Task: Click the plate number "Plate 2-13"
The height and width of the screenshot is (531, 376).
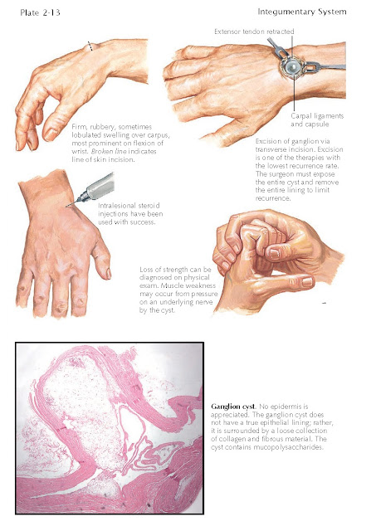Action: [40, 13]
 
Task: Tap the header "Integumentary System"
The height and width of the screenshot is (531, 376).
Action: [302, 12]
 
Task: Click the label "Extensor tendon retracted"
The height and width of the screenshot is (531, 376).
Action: [254, 32]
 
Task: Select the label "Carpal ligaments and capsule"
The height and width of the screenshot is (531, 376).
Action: [317, 119]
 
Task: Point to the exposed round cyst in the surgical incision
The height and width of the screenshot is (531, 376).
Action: [291, 67]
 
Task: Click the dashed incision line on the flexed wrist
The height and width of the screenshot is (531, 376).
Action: [90, 46]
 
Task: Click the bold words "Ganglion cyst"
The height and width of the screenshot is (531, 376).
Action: [233, 407]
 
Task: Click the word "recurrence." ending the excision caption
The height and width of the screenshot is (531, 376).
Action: [273, 198]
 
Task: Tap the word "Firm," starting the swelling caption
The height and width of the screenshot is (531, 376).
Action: [79, 127]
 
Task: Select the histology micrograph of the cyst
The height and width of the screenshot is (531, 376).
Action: [110, 428]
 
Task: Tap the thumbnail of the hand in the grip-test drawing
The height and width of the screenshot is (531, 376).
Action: [307, 281]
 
